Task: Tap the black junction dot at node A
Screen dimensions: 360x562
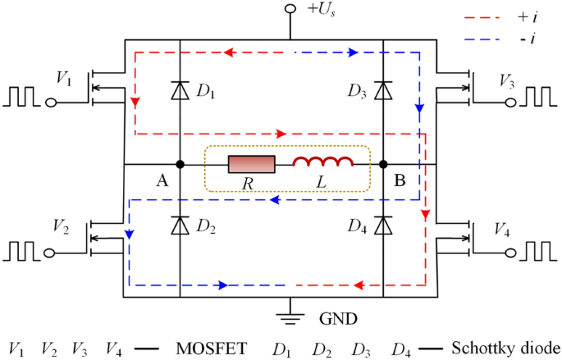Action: click(x=180, y=165)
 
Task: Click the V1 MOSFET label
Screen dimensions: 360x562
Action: click(x=63, y=78)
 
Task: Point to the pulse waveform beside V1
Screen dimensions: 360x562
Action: click(x=24, y=98)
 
